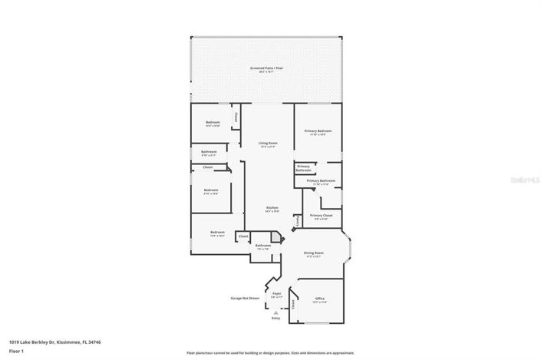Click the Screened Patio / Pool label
pyautogui.click(x=267, y=68)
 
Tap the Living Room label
pyautogui.click(x=268, y=143)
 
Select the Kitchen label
pyautogui.click(x=272, y=208)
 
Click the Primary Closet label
pyautogui.click(x=321, y=216)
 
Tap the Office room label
pyautogui.click(x=319, y=299)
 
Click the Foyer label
pyautogui.click(x=276, y=293)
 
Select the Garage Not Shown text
pyautogui.click(x=246, y=298)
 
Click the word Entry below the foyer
pyautogui.click(x=275, y=318)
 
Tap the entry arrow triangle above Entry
pyautogui.click(x=275, y=312)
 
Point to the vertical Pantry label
pyautogui.click(x=296, y=220)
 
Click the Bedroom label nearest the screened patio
pyautogui.click(x=213, y=123)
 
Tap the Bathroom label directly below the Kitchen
pyautogui.click(x=262, y=246)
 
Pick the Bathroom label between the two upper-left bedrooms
pyautogui.click(x=209, y=152)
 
